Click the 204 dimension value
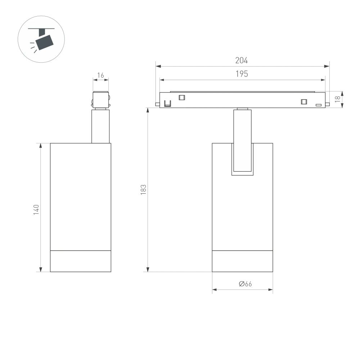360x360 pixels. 242,60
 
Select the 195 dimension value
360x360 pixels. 242,74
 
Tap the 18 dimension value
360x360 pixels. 337,99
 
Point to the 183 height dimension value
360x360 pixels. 143,189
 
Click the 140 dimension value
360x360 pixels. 36,210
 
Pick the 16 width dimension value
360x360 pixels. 101,75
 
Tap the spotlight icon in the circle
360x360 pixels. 41,39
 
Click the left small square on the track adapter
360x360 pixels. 182,97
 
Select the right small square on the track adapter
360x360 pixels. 304,102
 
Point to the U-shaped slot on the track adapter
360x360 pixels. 167,104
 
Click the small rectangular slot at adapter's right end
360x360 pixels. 318,105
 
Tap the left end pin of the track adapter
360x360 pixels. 157,104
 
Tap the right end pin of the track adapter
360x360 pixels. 327,104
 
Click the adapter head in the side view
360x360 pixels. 101,99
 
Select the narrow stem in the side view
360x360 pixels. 100,126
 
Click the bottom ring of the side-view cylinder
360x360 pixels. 81,261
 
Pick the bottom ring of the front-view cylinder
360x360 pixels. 242,261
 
